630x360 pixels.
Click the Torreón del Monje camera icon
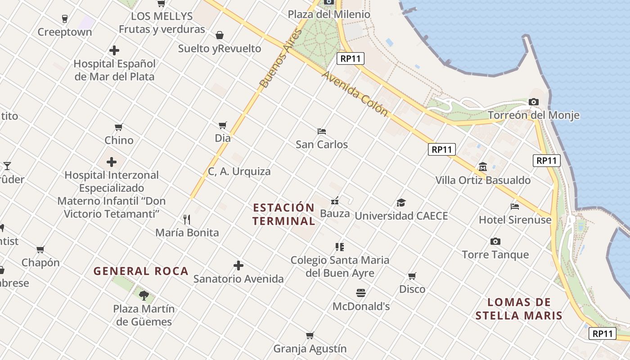point(534,102)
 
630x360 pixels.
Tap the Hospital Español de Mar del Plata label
point(114,70)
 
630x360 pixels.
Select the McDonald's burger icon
point(360,293)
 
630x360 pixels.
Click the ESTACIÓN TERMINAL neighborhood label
point(283,214)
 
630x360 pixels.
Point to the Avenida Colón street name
point(355,94)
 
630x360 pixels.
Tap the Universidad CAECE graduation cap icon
point(401,203)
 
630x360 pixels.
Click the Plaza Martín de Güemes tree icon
point(144,295)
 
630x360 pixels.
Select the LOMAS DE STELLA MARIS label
point(519,309)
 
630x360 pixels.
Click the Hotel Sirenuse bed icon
point(515,207)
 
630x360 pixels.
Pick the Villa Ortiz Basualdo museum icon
point(483,167)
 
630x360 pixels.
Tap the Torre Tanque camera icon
point(495,242)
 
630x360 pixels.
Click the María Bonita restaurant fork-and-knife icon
point(187,220)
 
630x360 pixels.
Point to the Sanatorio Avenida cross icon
point(238,265)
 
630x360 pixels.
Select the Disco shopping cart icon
point(412,276)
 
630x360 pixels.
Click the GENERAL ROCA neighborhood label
point(141,271)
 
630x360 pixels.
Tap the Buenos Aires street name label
point(279,58)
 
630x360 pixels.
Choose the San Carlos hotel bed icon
point(322,131)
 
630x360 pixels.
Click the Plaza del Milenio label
point(329,14)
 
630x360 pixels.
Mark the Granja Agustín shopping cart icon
point(310,336)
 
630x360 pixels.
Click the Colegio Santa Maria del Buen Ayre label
point(340,266)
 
